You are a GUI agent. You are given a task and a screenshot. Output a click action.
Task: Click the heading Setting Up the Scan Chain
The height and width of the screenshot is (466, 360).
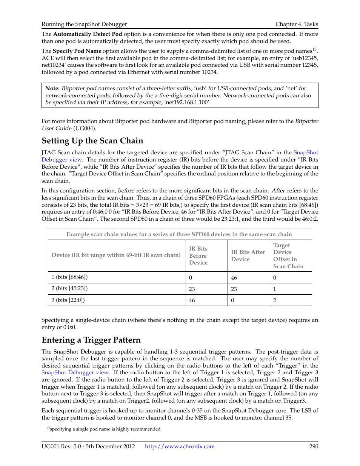92,141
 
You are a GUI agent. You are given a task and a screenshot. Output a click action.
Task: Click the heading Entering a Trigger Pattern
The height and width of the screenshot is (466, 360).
91,340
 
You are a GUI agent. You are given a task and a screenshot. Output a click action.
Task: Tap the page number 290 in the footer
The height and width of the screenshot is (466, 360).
313,446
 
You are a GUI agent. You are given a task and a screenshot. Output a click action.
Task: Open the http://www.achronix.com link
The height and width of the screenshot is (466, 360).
180,446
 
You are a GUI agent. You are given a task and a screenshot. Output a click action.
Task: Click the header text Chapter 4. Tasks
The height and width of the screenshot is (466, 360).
297,24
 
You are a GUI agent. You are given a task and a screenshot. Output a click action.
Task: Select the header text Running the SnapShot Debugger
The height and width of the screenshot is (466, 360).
84,24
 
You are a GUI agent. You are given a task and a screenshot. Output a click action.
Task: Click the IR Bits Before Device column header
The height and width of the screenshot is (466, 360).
198,255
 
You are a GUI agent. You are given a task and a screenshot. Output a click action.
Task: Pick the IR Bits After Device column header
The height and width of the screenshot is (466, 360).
248,255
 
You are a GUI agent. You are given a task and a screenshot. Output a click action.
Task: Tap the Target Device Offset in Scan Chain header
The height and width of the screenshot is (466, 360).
288,255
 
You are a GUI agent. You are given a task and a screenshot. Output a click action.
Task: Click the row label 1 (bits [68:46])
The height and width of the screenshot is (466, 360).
69,277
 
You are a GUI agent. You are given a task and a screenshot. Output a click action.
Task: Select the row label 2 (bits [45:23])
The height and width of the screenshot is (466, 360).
69,288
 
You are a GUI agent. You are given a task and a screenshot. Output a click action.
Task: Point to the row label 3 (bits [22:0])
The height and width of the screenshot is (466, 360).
68,300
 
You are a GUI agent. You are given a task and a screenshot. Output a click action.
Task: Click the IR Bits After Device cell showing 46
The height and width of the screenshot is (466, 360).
234,278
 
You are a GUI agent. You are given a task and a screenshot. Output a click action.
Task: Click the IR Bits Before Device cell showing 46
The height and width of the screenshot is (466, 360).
192,300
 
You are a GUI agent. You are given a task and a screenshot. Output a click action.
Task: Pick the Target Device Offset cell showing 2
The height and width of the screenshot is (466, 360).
275,300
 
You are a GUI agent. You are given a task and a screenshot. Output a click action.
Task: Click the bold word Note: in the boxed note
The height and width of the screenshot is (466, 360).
52,88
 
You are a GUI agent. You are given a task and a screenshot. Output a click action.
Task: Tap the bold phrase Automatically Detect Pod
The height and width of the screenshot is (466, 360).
88,34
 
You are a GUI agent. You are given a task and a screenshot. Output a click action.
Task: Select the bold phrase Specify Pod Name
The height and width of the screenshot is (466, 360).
77,51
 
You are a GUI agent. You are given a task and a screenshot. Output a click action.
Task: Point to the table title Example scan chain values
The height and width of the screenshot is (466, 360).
179,234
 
